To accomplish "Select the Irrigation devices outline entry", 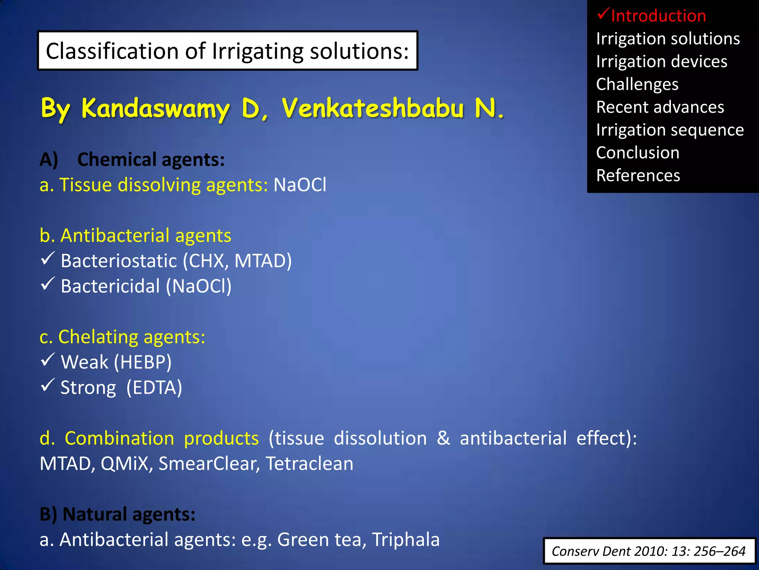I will pyautogui.click(x=662, y=62).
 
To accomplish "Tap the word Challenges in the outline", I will pyautogui.click(x=637, y=85).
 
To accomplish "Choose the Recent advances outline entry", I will pyautogui.click(x=660, y=107).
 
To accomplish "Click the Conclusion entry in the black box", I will pyautogui.click(x=637, y=153).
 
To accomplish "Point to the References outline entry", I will pyautogui.click(x=638, y=176).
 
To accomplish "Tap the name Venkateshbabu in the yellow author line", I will pyautogui.click(x=372, y=108).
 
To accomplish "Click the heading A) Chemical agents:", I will pyautogui.click(x=132, y=160).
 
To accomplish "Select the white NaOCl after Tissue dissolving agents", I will pyautogui.click(x=300, y=185).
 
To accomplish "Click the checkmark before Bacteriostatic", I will pyautogui.click(x=48, y=258).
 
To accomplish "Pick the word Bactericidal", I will pyautogui.click(x=110, y=286).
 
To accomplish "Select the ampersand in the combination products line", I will pyautogui.click(x=443, y=438).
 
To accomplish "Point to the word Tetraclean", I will pyautogui.click(x=309, y=464).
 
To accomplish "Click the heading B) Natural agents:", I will pyautogui.click(x=117, y=514).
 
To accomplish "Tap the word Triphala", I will pyautogui.click(x=405, y=540).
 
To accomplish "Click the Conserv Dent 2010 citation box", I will pyautogui.click(x=649, y=551).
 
